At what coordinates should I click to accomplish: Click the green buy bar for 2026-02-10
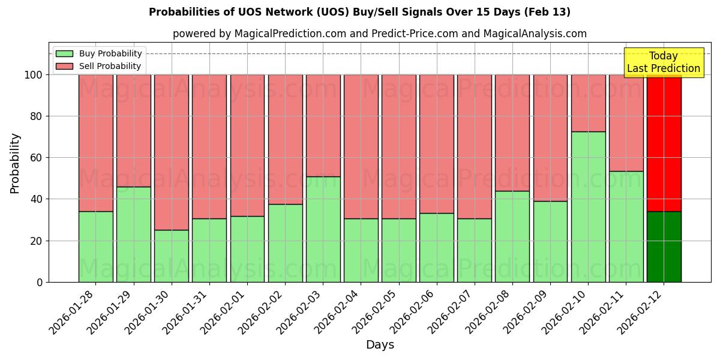588,206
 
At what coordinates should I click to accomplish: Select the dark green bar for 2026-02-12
664,247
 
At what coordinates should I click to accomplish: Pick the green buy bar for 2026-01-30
171,256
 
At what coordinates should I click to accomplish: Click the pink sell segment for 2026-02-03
323,125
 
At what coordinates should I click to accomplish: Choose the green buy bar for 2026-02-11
626,226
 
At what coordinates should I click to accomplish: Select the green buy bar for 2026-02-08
512,236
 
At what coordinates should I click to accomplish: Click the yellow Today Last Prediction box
663,62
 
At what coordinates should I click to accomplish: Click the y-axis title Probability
15,163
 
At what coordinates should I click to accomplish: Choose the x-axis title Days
380,345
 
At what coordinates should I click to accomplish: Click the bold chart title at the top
359,12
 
